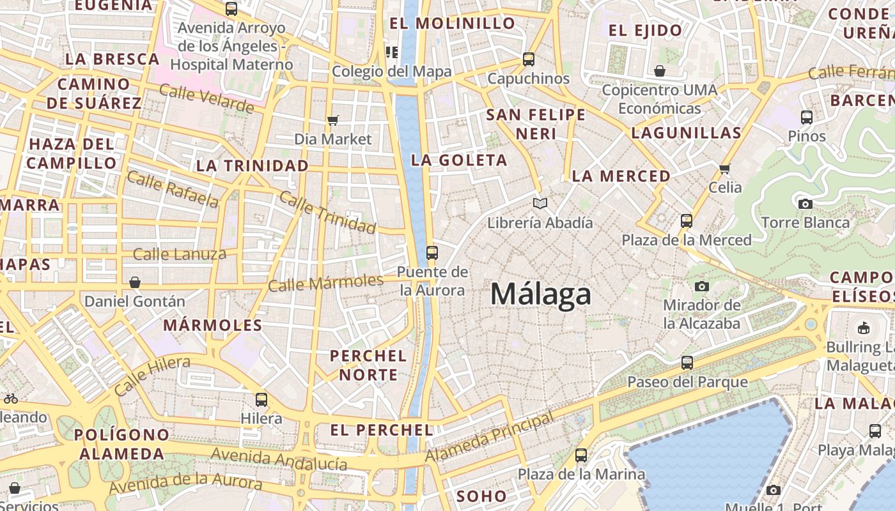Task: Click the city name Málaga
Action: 541,294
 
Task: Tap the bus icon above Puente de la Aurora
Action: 432,253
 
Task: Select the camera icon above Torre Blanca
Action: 805,204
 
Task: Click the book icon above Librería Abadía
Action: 540,204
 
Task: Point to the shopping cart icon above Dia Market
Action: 332,120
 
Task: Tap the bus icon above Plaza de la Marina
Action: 581,455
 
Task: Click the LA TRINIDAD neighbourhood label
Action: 252,166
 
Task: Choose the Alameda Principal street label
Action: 490,438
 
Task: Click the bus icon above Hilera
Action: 261,400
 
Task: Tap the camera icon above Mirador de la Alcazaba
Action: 702,286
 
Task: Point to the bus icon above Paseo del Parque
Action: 687,363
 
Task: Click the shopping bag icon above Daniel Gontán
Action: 135,282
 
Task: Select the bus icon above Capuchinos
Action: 529,59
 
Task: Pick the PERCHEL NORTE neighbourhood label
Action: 368,365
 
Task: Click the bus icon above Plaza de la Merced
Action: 687,221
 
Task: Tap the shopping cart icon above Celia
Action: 724,169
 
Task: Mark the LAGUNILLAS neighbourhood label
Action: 686,133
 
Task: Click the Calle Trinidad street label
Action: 327,212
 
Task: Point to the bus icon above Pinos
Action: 807,118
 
